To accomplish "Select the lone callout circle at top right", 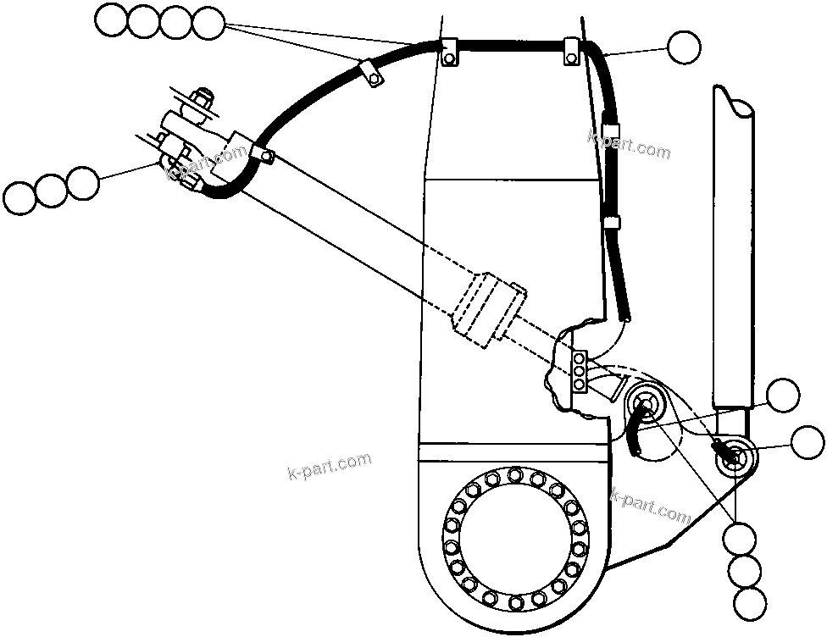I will pos(684,47).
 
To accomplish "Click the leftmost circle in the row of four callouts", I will pos(110,21).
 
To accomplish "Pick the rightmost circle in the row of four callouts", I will pos(208,22).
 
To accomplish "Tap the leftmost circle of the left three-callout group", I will pos(19,198).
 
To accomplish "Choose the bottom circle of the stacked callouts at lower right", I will pos(749,603).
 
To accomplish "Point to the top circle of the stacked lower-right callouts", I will pos(741,537).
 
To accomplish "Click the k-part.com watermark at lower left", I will pos(329,466).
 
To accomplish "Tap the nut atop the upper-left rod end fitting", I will pos(203,100).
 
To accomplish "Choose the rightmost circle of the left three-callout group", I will pos(82,182).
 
